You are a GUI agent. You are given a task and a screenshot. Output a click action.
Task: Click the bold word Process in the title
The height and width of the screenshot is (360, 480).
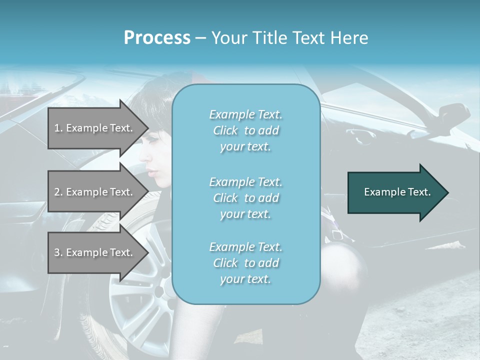coord(157,38)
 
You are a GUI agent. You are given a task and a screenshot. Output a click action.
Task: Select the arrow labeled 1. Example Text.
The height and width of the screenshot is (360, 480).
coord(95,128)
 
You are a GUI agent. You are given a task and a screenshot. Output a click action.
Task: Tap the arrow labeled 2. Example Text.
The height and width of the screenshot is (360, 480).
coord(95,192)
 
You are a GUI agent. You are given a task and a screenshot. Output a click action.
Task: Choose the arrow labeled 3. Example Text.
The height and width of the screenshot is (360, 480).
coord(95,252)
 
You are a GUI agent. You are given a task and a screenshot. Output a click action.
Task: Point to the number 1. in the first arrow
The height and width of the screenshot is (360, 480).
coord(58,128)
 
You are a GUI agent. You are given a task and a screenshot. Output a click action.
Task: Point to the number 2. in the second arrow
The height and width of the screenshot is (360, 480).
coord(58,192)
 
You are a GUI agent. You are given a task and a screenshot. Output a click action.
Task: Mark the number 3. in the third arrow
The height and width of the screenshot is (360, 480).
coord(58,252)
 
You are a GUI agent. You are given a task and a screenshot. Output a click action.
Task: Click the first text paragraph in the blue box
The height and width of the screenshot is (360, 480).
coord(245,130)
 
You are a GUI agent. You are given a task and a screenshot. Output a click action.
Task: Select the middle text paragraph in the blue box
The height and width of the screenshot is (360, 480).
coord(245,198)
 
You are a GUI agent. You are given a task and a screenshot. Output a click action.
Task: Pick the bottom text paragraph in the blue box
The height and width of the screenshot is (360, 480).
coord(245,263)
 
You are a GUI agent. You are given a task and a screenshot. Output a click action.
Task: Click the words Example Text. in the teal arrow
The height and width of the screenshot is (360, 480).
coord(397,192)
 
